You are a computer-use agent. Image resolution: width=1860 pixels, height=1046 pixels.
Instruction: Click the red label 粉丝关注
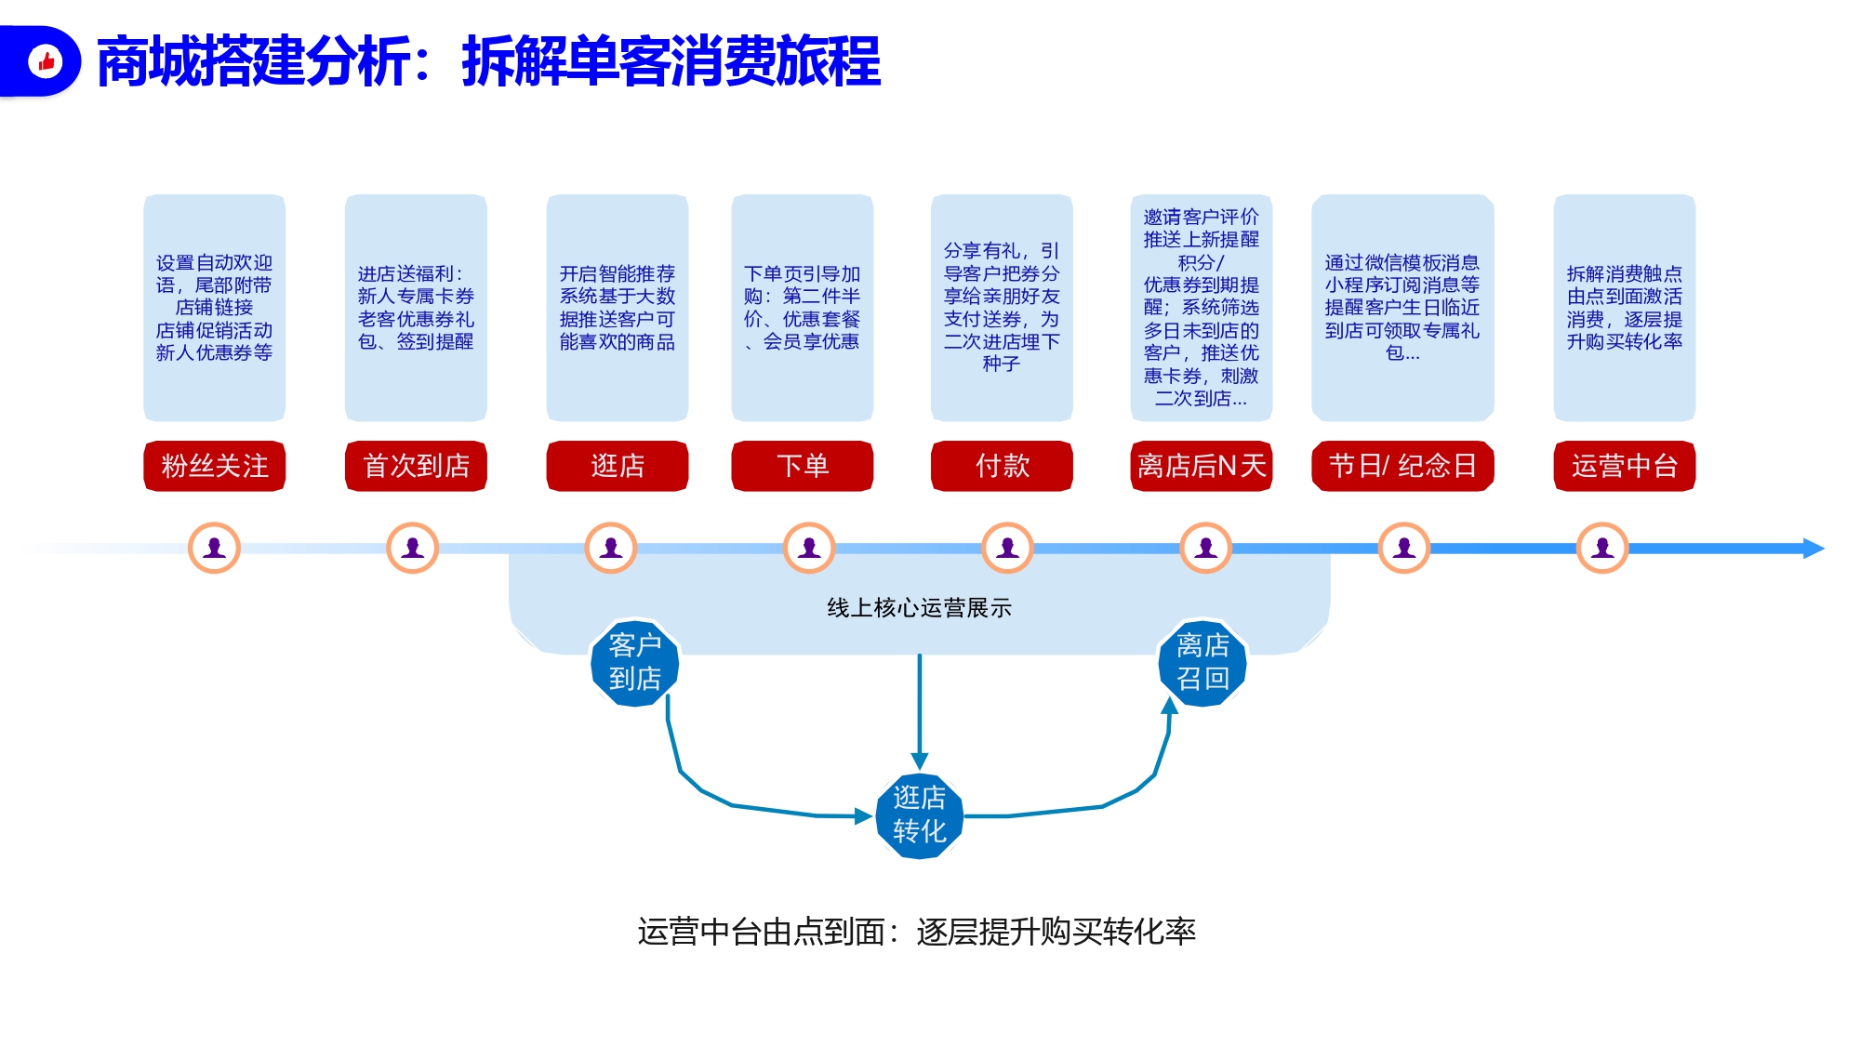214,465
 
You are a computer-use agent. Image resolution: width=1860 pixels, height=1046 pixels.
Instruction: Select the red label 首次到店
416,465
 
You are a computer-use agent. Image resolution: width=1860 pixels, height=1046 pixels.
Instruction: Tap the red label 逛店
618,465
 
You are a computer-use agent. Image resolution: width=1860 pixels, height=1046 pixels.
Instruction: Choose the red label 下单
803,465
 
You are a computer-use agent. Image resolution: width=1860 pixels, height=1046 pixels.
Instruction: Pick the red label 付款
1002,465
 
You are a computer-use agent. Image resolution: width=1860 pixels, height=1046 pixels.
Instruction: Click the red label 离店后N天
1202,465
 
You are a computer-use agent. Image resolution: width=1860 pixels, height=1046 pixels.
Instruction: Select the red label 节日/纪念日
1402,465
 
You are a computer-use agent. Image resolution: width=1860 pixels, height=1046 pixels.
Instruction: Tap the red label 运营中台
1625,465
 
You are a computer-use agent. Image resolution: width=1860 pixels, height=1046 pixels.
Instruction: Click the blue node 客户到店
635,663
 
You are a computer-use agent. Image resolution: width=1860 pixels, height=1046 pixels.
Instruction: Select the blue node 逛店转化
920,815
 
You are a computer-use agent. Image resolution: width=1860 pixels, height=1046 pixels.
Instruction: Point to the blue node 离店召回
1202,663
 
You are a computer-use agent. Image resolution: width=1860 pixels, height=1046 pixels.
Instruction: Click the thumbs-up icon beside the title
46,61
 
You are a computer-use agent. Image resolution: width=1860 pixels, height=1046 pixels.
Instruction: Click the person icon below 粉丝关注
214,548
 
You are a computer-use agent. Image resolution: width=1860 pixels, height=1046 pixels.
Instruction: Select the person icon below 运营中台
1602,548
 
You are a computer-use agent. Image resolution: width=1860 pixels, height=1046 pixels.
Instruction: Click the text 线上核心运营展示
919,608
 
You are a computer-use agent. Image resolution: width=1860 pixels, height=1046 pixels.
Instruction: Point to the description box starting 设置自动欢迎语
214,308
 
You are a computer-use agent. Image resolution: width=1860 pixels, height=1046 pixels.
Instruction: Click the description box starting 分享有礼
1002,308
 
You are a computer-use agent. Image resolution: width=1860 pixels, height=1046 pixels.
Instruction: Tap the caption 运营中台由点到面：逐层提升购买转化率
916,932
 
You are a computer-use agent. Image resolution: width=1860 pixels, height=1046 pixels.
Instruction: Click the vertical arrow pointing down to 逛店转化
920,711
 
